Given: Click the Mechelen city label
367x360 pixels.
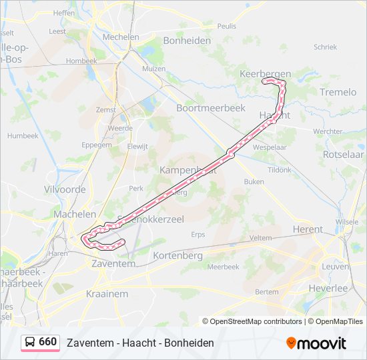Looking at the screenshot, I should tap(121, 37).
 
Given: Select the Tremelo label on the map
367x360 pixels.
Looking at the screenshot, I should tap(338, 92).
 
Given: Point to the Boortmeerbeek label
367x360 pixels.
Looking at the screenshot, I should tap(210, 107).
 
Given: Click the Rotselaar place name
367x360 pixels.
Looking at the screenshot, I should tap(342, 153).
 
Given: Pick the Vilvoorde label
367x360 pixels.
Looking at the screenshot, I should tap(65, 189).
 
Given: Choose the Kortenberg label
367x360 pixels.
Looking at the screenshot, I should tap(177, 255).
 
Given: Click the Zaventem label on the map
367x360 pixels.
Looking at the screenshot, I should tap(113, 264).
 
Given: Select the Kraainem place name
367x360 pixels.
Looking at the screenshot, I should tap(107, 293).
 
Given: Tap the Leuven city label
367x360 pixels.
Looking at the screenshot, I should tap(335, 266).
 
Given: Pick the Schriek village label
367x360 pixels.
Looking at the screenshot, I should tap(325, 47).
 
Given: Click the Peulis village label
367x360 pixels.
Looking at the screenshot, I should tap(227, 25).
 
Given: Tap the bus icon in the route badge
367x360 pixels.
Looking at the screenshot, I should tap(31, 342).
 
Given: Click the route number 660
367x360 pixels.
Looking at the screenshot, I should tap(47, 342).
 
